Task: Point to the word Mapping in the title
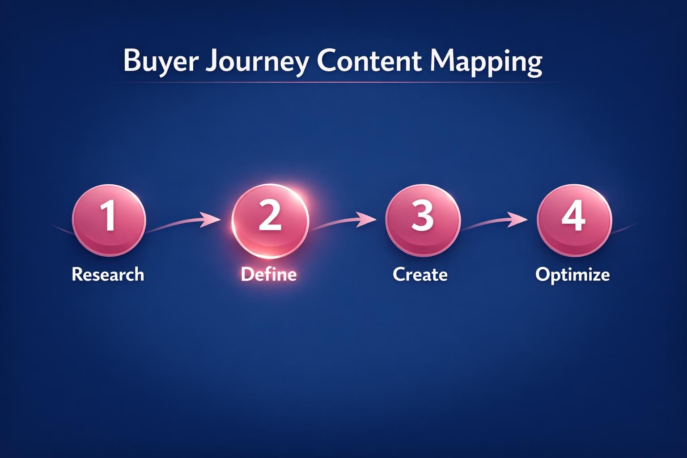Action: [x=486, y=61]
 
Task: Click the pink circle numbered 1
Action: [x=109, y=220]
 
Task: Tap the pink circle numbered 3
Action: [x=422, y=220]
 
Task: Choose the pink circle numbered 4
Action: [x=574, y=220]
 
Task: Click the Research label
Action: [x=108, y=274]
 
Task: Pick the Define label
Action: [x=268, y=274]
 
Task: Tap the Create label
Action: [x=420, y=274]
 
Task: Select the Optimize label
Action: [x=572, y=274]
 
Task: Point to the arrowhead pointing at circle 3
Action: [x=366, y=220]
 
